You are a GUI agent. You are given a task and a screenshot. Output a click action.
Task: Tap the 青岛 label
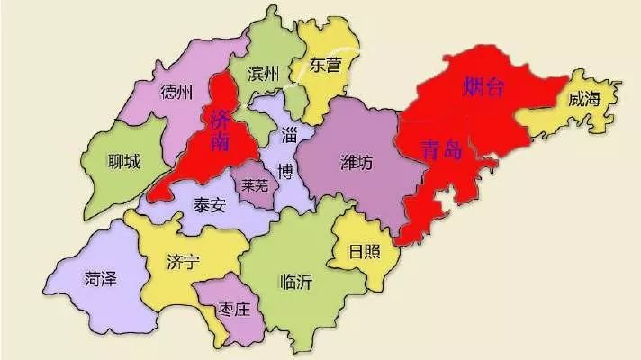tap(441, 150)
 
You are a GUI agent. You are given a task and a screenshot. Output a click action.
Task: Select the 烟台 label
tap(483, 87)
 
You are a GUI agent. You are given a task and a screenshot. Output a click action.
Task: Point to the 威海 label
tap(583, 99)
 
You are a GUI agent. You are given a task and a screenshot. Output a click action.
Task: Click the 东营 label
tap(326, 66)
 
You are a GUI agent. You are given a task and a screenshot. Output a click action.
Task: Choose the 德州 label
tap(176, 93)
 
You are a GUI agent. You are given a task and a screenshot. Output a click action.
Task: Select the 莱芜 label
tap(252, 186)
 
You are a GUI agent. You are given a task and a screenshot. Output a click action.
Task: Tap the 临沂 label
tap(296, 281)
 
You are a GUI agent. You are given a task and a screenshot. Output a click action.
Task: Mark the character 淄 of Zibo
tap(290, 136)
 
